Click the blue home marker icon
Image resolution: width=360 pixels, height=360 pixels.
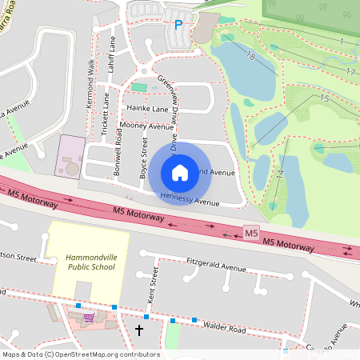(x=180, y=172)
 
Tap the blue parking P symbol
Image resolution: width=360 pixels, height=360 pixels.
(x=178, y=26)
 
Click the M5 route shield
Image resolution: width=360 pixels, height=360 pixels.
(x=251, y=233)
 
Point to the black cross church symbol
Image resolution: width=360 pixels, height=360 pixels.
(x=139, y=329)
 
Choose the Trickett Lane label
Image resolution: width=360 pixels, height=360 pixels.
(x=106, y=112)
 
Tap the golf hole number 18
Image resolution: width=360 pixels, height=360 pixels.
(x=250, y=56)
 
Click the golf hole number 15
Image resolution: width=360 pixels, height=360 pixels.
(x=324, y=98)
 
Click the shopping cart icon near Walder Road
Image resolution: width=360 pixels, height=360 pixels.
(x=90, y=317)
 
